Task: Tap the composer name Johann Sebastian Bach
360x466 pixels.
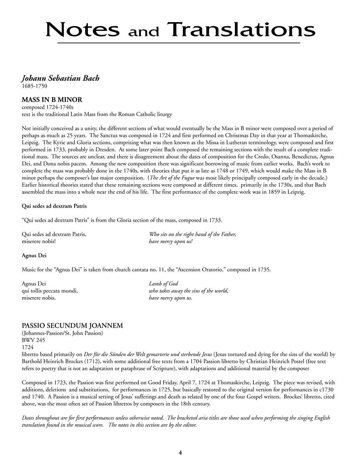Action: coord(60,78)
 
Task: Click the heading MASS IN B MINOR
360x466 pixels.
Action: coord(52,100)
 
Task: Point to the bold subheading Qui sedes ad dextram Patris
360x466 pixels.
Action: coord(54,206)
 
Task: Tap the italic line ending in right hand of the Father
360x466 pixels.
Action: coord(192,234)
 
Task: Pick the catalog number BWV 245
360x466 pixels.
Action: coord(33,340)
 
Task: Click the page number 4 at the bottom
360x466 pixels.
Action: coord(180,452)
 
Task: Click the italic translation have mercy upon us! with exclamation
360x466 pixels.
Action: coord(171,241)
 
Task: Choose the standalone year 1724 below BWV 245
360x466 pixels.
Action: coord(27,347)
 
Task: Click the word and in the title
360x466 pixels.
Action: coord(144,32)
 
